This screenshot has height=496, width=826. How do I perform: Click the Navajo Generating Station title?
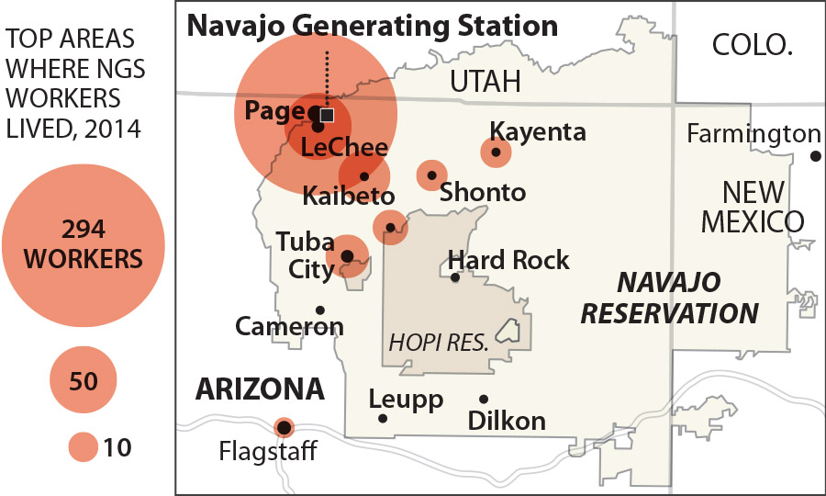(x=372, y=25)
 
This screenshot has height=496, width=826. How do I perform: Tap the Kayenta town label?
(x=538, y=131)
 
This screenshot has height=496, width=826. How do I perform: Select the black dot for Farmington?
(x=815, y=156)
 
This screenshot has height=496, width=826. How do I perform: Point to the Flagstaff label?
(x=268, y=452)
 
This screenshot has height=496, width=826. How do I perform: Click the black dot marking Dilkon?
(x=484, y=399)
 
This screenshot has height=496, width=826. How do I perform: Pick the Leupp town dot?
(x=383, y=419)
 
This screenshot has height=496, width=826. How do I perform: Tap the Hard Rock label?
(x=508, y=260)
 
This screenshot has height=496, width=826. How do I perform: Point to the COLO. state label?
(x=752, y=44)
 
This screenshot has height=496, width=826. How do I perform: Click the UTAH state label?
(x=485, y=82)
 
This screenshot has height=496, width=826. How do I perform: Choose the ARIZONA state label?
(x=260, y=389)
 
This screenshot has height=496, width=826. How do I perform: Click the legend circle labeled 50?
(x=84, y=379)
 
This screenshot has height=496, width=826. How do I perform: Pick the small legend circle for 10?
(x=83, y=447)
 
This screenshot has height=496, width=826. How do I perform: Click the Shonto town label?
(x=483, y=192)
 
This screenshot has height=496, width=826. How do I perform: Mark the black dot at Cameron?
(x=319, y=310)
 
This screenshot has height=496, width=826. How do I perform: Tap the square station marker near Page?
(x=327, y=115)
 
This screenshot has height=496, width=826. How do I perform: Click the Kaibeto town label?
(x=349, y=197)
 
